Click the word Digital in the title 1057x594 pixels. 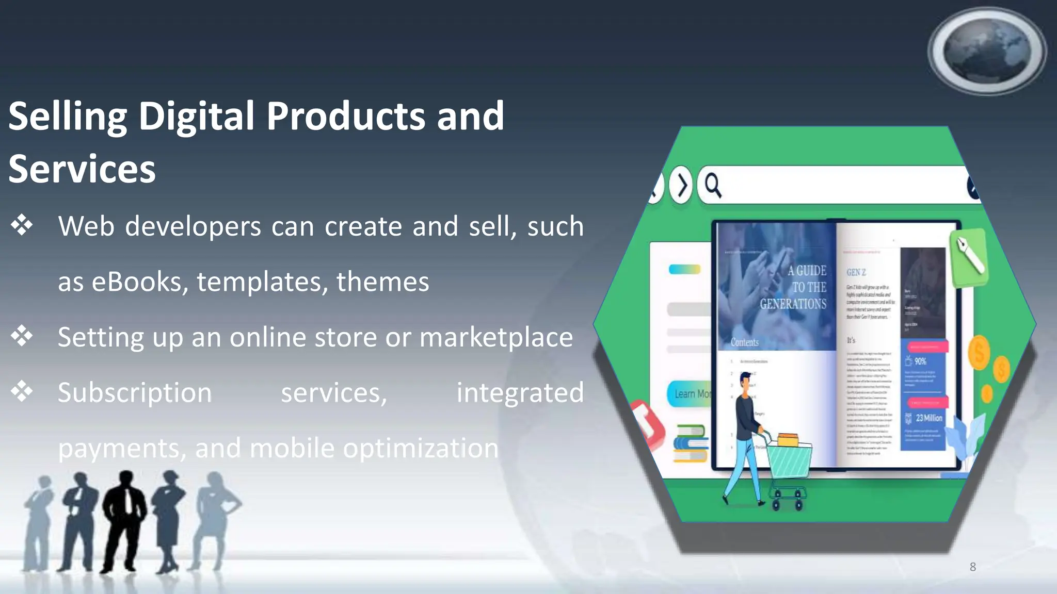pyautogui.click(x=196, y=117)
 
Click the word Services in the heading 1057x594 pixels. pyautogui.click(x=82, y=169)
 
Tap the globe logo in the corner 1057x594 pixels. pyautogui.click(x=987, y=51)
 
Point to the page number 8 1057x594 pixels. pyautogui.click(x=972, y=567)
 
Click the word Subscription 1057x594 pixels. pyautogui.click(x=135, y=393)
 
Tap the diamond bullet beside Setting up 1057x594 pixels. pyautogui.click(x=22, y=336)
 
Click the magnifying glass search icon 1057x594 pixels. pyautogui.click(x=713, y=185)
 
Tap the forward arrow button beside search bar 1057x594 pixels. pyautogui.click(x=682, y=185)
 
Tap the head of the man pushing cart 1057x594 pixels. pyautogui.click(x=745, y=382)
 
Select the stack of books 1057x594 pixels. pyautogui.click(x=691, y=443)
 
